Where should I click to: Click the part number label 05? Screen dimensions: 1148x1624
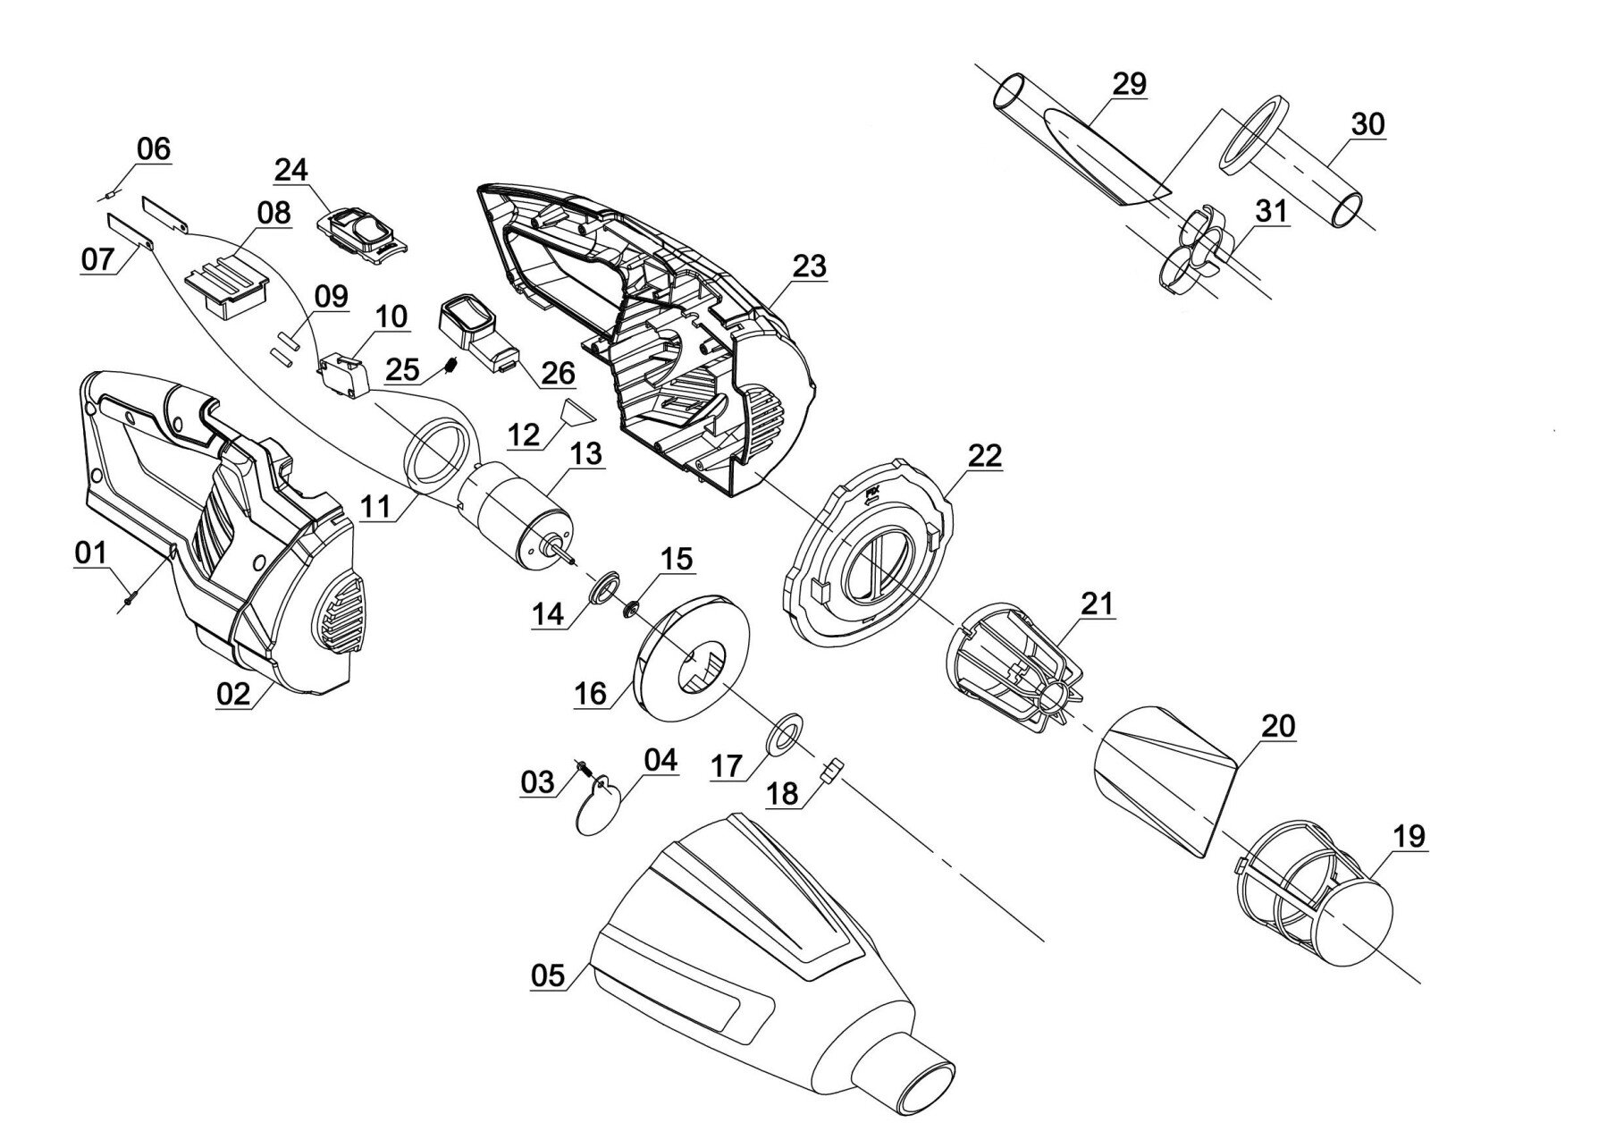[x=548, y=975]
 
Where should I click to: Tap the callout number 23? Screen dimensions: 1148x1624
[x=809, y=266]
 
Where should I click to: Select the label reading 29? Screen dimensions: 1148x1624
[x=1129, y=84]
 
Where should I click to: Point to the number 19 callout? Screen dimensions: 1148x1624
[x=1409, y=837]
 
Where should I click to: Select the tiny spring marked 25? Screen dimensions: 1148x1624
[x=452, y=365]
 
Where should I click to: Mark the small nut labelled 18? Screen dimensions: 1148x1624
[x=832, y=769]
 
